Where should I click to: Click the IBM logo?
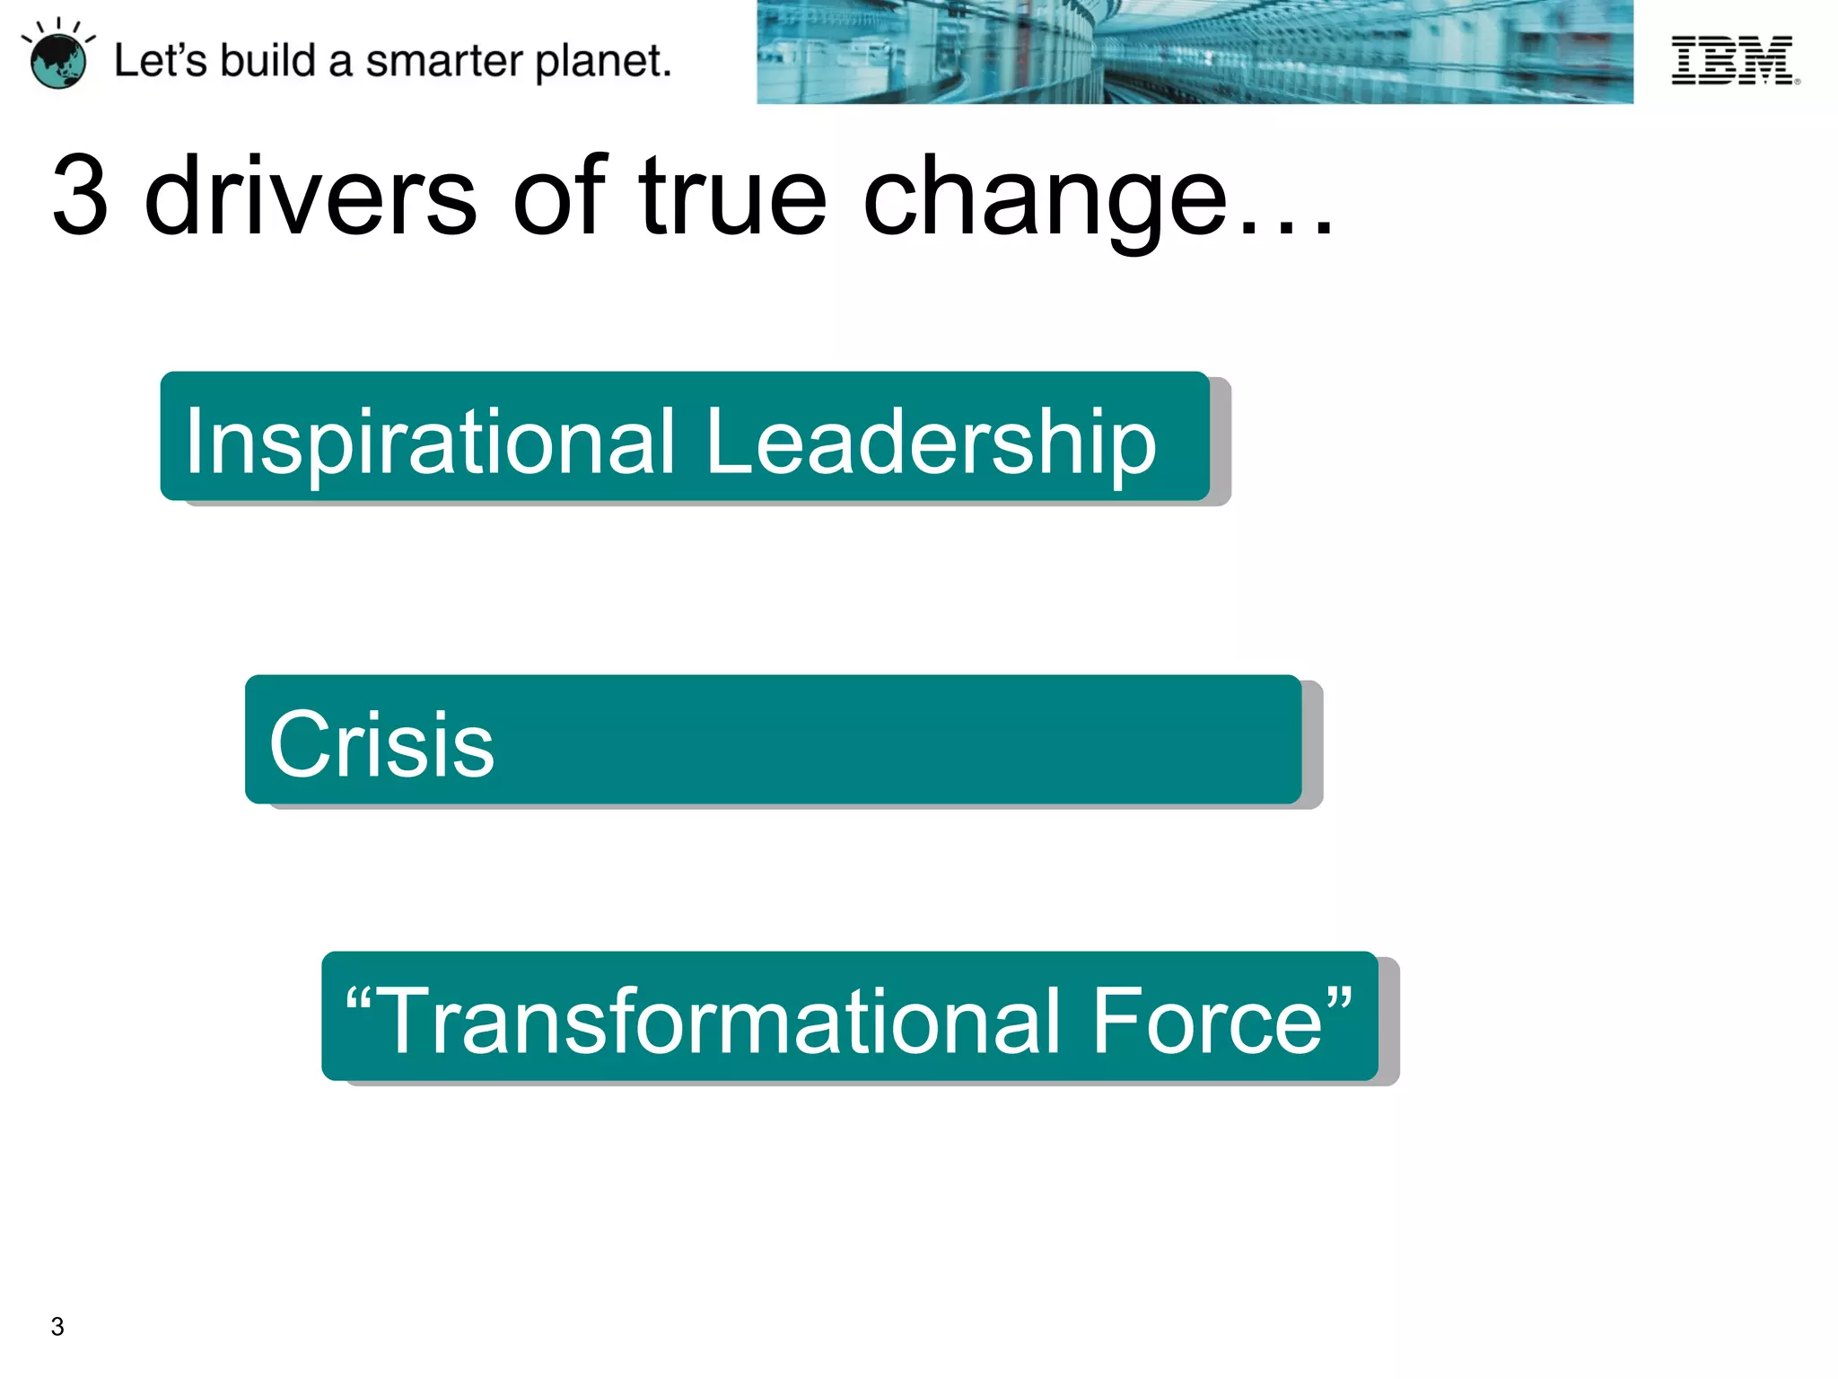point(1734,61)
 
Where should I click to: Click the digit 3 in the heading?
point(81,196)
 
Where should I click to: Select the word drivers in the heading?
point(311,196)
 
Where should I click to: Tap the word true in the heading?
point(732,196)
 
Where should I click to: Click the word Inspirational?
point(429,441)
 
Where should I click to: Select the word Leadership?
point(931,443)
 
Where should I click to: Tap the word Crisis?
point(381,744)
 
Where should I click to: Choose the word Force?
point(1206,1021)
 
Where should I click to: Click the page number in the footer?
point(57,1326)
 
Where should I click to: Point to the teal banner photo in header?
point(1194,52)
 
